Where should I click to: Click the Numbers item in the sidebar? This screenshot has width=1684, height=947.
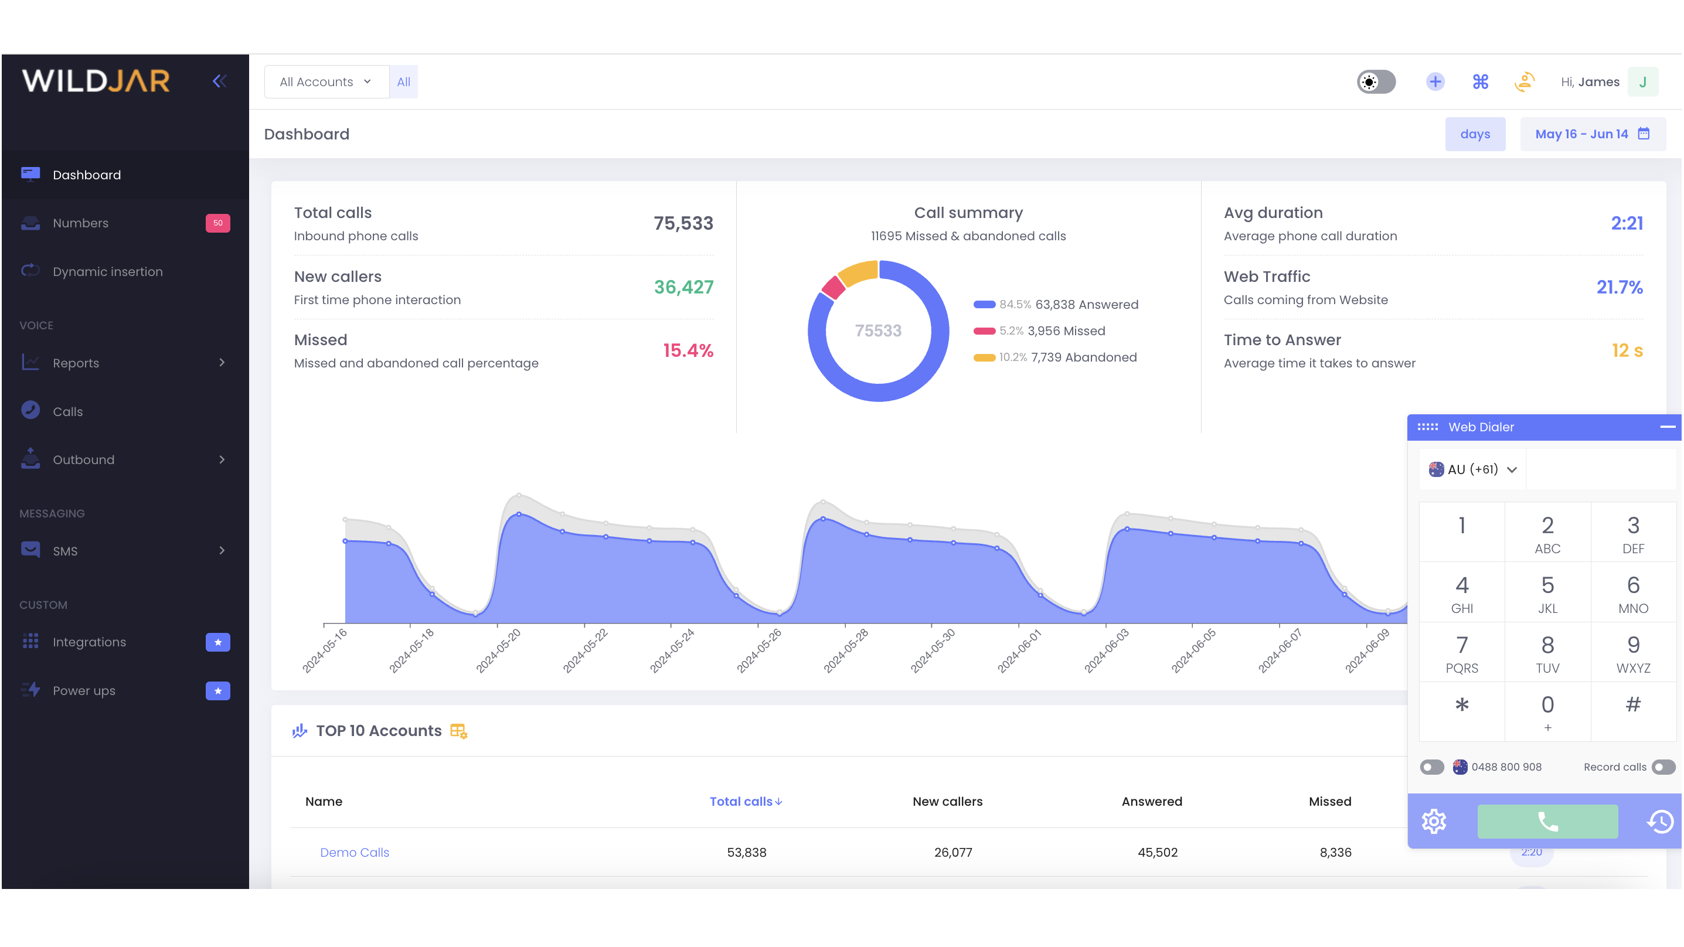(80, 223)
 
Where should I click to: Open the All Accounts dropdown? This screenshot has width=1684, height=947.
(325, 81)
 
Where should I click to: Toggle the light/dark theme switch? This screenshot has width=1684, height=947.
(1376, 81)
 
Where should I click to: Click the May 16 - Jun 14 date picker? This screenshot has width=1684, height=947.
(1592, 134)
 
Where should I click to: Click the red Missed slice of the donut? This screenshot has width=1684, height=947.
(833, 288)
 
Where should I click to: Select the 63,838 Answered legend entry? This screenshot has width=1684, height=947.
(1085, 305)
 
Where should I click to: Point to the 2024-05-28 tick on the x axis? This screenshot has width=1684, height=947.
(845, 650)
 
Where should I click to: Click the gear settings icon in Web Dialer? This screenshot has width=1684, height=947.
(1434, 822)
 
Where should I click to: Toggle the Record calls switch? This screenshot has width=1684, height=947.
(1662, 767)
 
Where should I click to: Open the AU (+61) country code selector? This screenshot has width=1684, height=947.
(1473, 469)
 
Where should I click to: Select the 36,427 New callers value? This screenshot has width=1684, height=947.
(683, 287)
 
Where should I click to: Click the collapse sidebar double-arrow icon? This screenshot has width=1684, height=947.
(220, 81)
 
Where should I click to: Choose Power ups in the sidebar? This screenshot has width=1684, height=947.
(84, 691)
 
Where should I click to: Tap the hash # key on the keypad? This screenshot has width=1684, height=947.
(1632, 704)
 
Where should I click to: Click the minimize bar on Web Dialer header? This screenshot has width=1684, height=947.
(1667, 427)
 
